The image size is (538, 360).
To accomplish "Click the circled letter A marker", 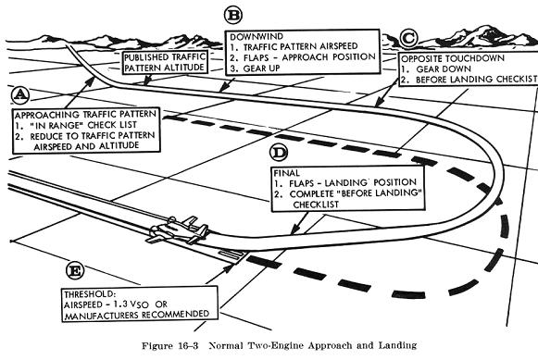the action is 20,95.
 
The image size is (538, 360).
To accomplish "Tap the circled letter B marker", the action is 233,16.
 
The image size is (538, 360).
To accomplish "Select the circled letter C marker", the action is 408,38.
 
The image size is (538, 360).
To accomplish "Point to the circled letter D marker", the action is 279,153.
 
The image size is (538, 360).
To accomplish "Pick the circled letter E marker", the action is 75,271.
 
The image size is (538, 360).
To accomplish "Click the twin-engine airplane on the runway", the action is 180,230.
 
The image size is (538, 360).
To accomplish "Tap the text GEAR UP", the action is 261,68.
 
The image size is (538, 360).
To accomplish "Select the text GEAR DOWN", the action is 444,68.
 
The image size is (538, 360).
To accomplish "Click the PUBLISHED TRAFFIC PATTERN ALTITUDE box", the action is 166,62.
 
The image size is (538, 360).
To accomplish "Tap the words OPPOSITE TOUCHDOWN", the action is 453,58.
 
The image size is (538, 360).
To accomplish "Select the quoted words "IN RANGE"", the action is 57,125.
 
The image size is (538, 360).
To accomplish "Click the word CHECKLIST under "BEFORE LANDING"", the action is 316,205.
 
